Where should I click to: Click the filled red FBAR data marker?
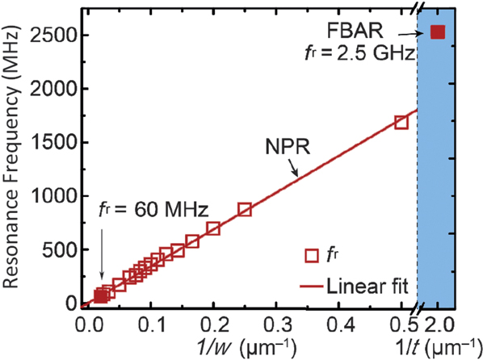point(438,32)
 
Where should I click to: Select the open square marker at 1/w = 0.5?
point(401,122)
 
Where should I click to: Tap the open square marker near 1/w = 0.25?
point(245,210)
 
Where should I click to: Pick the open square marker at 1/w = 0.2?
point(213,228)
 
